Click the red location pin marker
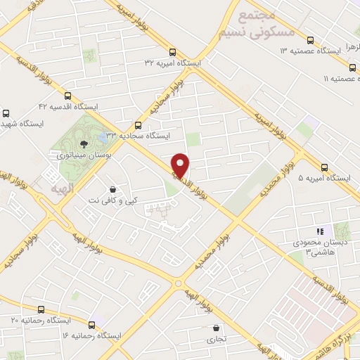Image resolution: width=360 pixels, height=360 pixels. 181,166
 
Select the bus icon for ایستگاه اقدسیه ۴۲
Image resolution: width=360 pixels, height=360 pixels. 67,96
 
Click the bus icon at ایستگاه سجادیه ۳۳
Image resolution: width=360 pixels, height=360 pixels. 138,124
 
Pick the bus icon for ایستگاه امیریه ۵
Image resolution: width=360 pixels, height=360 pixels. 324,167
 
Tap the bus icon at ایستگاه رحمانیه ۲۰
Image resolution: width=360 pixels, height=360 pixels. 40,309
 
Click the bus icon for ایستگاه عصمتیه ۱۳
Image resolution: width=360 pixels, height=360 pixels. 309,39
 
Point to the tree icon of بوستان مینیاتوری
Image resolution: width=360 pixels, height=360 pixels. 84,143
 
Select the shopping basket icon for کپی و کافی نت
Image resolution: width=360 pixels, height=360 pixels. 112,189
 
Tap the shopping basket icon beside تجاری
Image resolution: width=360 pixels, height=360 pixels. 216,328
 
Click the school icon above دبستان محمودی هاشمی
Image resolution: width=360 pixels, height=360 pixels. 320,231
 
